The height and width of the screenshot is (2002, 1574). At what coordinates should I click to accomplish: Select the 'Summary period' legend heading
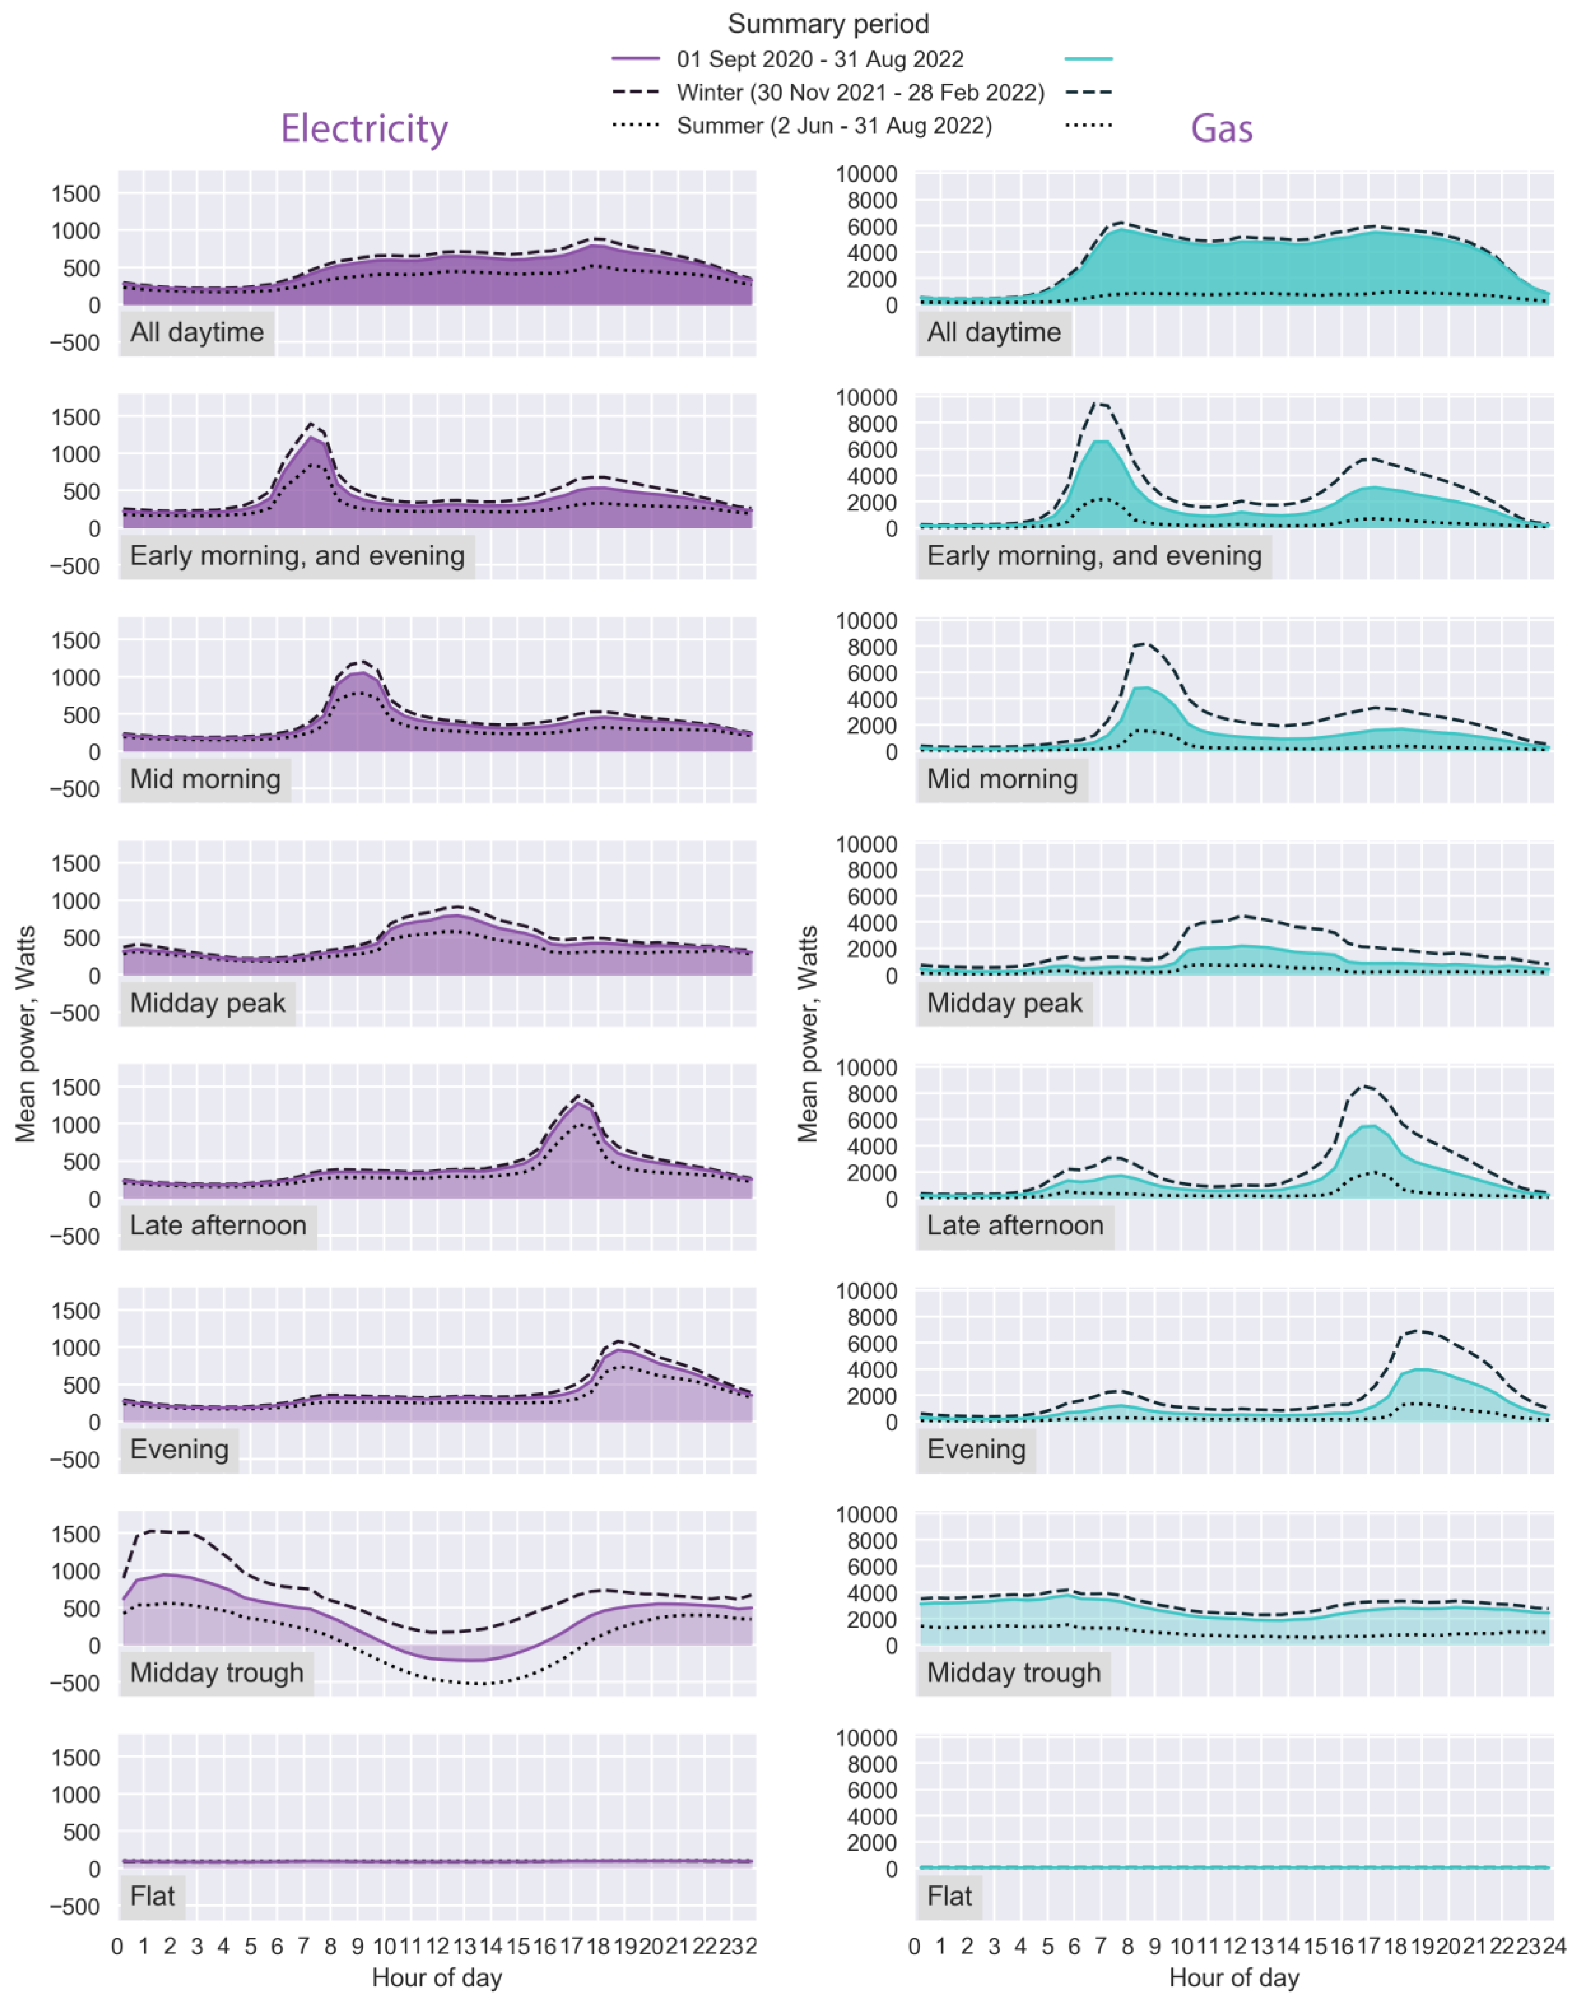(828, 23)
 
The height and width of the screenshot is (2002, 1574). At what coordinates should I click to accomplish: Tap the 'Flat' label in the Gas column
(949, 1896)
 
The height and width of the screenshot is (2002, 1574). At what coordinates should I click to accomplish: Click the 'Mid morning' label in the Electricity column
(204, 779)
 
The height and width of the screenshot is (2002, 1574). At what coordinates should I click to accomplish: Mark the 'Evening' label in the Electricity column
(179, 1449)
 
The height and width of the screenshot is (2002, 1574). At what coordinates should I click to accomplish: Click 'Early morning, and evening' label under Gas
(1094, 556)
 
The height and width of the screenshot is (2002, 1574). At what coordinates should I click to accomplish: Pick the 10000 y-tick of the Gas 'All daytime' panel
(866, 174)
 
